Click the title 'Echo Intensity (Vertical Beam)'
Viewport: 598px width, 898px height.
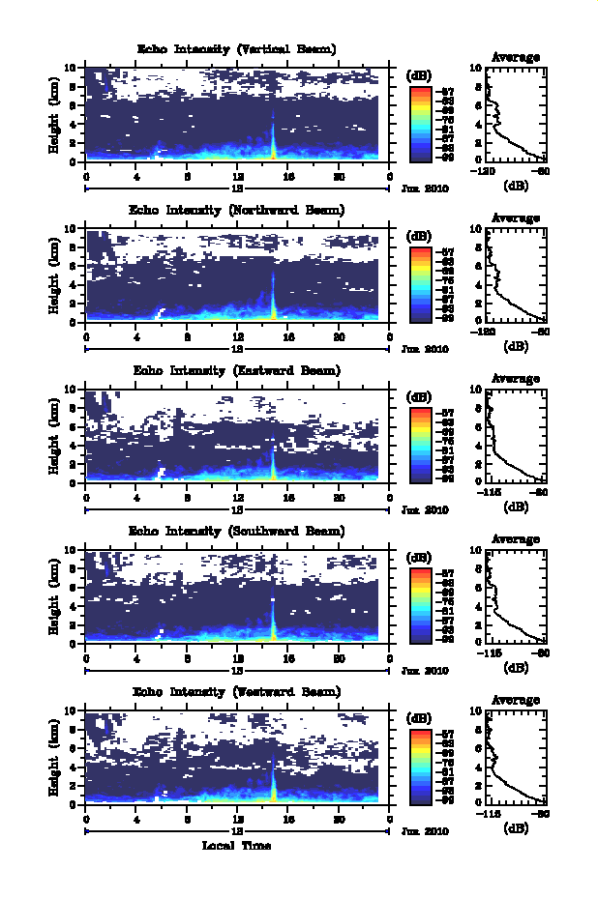pyautogui.click(x=237, y=49)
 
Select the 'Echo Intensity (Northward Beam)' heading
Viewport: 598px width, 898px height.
pyautogui.click(x=237, y=210)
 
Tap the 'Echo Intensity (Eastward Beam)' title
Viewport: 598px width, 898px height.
pyautogui.click(x=237, y=370)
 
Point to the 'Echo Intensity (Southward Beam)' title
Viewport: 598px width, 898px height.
pyautogui.click(x=237, y=531)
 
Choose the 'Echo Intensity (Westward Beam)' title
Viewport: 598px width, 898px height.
pyautogui.click(x=237, y=691)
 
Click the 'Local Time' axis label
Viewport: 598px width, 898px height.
pyautogui.click(x=237, y=846)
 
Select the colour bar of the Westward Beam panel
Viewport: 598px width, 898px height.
pyautogui.click(x=420, y=765)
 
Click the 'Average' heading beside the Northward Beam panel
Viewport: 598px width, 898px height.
pyautogui.click(x=516, y=218)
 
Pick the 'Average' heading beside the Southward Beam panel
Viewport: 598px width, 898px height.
pyautogui.click(x=516, y=539)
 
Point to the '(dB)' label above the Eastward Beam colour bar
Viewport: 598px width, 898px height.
pyautogui.click(x=420, y=396)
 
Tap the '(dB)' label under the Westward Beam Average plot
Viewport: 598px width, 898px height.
pyautogui.click(x=516, y=827)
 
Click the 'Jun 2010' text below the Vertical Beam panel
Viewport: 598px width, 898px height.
pyautogui.click(x=425, y=189)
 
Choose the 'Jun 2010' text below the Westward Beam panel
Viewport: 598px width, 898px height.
pyautogui.click(x=425, y=831)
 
